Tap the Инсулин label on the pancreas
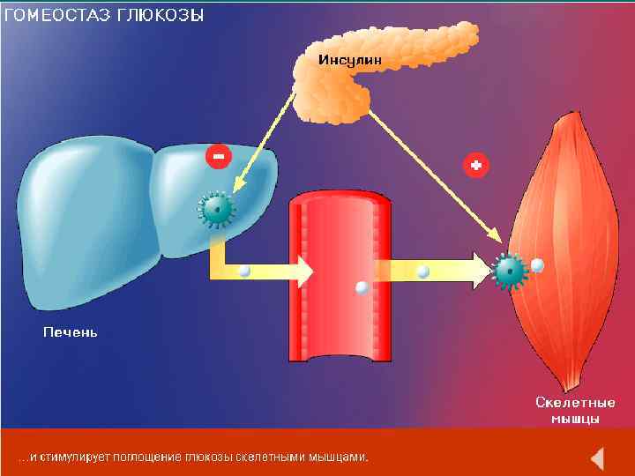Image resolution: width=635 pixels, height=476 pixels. click(349, 60)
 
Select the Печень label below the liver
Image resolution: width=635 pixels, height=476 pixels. click(71, 332)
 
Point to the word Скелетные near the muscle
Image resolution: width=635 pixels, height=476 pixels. click(575, 402)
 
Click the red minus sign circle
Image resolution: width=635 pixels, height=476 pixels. click(218, 157)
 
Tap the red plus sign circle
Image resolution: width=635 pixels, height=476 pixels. click(476, 165)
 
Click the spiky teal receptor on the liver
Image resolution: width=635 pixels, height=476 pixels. click(216, 209)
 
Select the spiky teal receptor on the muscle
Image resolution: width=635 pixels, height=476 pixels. click(509, 271)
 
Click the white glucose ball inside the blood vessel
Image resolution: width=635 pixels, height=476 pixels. click(361, 287)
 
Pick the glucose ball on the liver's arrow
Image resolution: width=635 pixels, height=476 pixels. click(244, 271)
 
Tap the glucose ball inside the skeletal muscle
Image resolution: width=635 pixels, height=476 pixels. click(537, 264)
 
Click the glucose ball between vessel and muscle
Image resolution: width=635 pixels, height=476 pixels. click(423, 271)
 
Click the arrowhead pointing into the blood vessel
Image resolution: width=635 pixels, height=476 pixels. click(303, 271)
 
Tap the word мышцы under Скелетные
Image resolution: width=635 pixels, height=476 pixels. click(575, 417)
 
